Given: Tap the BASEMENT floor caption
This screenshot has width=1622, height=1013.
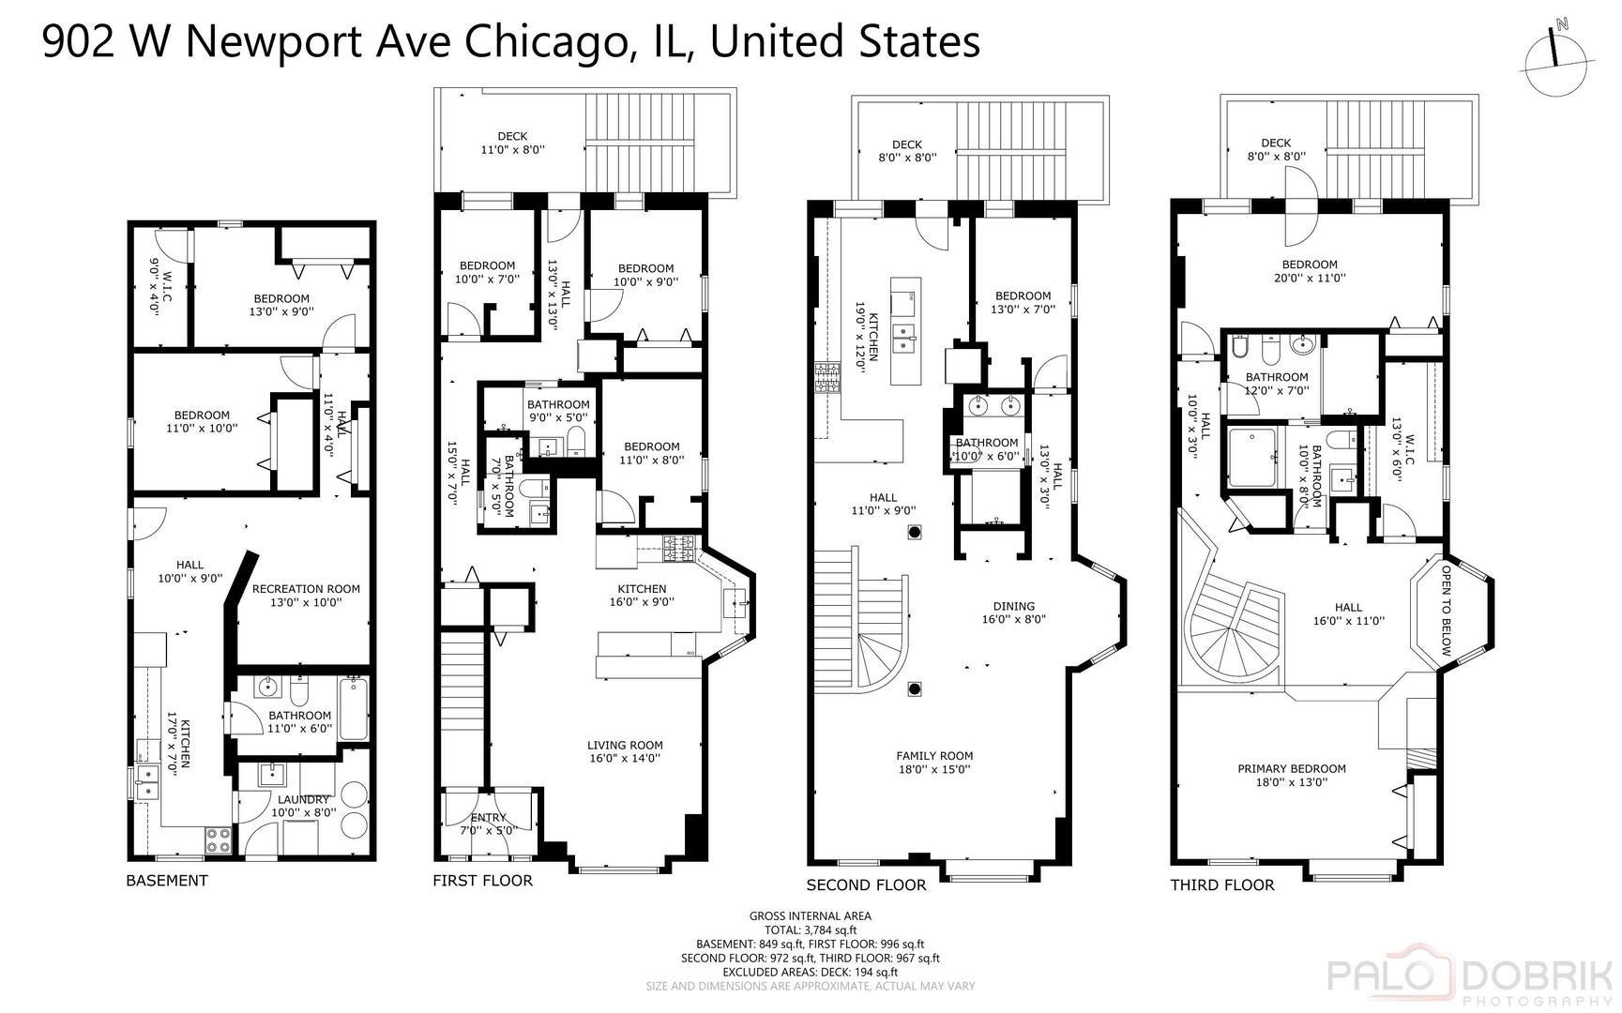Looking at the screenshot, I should pyautogui.click(x=167, y=881).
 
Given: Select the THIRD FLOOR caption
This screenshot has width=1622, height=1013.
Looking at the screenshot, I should pyautogui.click(x=1221, y=885).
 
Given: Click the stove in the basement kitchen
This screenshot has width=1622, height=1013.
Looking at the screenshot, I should pyautogui.click(x=219, y=839).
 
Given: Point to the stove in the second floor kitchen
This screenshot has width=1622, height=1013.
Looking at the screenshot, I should pyautogui.click(x=827, y=377).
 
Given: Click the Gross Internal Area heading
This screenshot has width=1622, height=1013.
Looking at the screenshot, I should pyautogui.click(x=810, y=916).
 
